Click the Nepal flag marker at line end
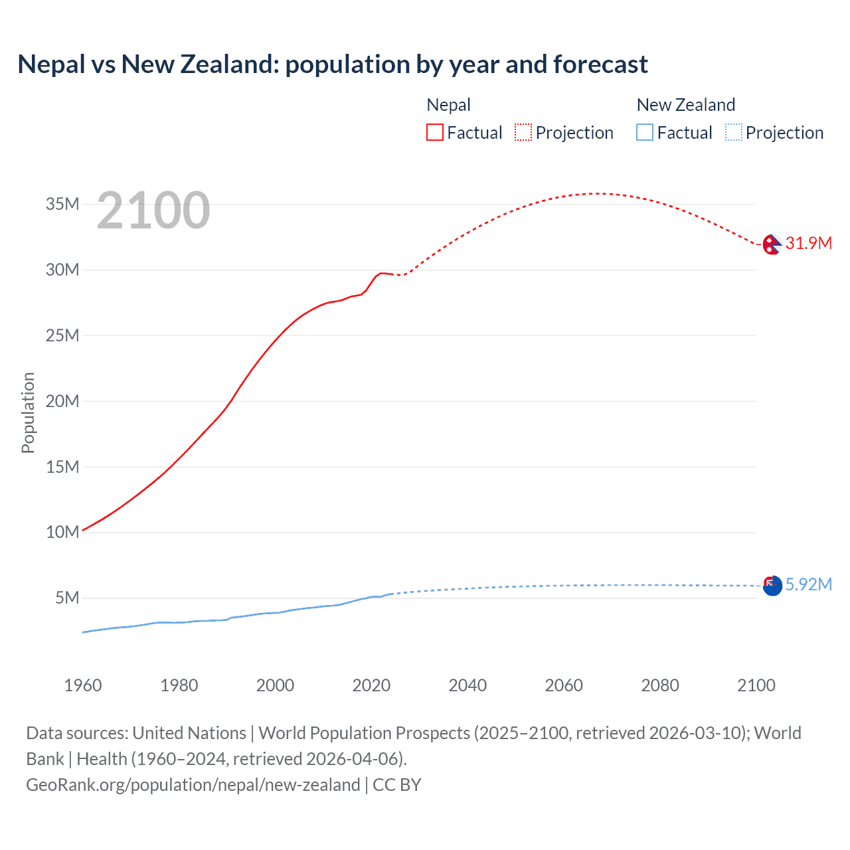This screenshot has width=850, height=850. (772, 244)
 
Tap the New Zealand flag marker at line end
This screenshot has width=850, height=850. (772, 586)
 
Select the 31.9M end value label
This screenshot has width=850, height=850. (808, 243)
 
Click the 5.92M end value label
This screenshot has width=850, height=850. (808, 584)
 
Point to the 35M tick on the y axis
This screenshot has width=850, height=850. (62, 204)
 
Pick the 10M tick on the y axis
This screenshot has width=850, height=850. (62, 532)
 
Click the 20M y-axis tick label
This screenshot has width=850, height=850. (62, 401)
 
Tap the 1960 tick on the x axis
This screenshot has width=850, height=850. (83, 685)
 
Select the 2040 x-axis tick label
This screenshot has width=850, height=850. (467, 685)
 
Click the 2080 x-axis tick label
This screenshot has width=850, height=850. (660, 685)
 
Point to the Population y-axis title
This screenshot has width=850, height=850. (28, 412)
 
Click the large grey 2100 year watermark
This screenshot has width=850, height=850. (153, 211)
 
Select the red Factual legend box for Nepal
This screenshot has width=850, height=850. (435, 133)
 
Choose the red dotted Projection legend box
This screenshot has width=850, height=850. (523, 133)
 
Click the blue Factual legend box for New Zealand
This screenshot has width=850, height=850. (645, 133)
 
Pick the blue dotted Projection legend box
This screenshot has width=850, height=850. (733, 133)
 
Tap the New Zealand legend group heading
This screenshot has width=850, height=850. (685, 105)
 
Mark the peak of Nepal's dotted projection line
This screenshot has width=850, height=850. (598, 194)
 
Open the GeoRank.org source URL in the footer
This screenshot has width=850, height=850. (193, 785)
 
